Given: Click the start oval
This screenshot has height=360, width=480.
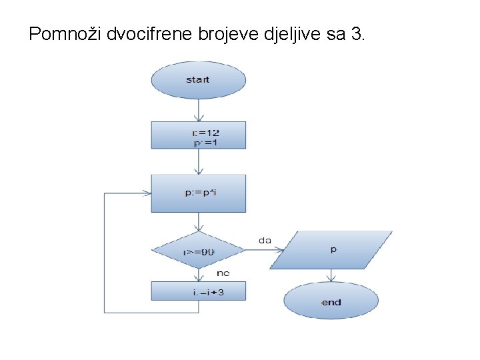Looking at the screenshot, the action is click(198, 80).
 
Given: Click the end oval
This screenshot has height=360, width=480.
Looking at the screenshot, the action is click(331, 302).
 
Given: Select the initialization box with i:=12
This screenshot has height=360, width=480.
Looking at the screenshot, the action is click(198, 135).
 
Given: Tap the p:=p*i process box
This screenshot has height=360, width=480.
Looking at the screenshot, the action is click(198, 193).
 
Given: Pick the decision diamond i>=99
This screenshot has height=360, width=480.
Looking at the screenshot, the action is click(198, 251).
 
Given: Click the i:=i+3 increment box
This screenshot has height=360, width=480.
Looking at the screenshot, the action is click(198, 291).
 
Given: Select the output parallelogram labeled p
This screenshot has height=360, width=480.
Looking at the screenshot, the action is click(334, 250).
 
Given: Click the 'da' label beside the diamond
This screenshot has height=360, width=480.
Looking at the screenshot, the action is click(265, 240).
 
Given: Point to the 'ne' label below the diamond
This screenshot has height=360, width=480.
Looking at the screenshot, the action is click(223, 273).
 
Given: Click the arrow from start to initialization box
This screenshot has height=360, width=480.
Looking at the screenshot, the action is click(198, 110).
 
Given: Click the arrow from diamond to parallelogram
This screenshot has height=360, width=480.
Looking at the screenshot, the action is click(263, 251).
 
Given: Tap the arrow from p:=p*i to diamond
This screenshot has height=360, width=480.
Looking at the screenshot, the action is click(198, 222).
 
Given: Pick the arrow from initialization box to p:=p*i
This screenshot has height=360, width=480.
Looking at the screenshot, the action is click(198, 161).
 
